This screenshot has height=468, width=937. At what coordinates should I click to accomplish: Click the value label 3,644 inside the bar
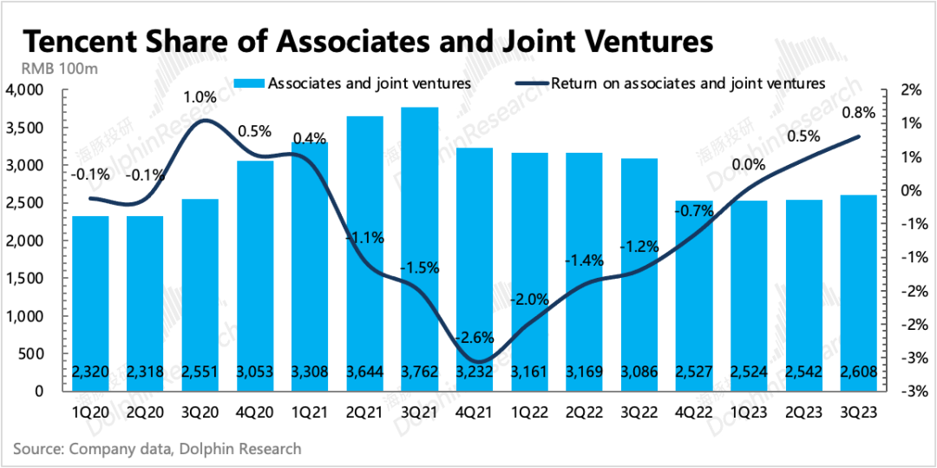point(364,372)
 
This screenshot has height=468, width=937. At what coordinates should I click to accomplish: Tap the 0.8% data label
point(859,112)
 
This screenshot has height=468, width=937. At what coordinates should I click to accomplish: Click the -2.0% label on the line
point(529,300)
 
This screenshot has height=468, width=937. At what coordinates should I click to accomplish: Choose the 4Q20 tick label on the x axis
point(255,408)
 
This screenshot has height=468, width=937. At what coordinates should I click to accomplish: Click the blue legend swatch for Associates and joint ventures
point(248,83)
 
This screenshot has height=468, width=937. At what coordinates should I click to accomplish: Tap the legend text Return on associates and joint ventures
point(688,83)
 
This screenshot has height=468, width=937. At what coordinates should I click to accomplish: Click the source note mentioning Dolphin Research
point(157,449)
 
